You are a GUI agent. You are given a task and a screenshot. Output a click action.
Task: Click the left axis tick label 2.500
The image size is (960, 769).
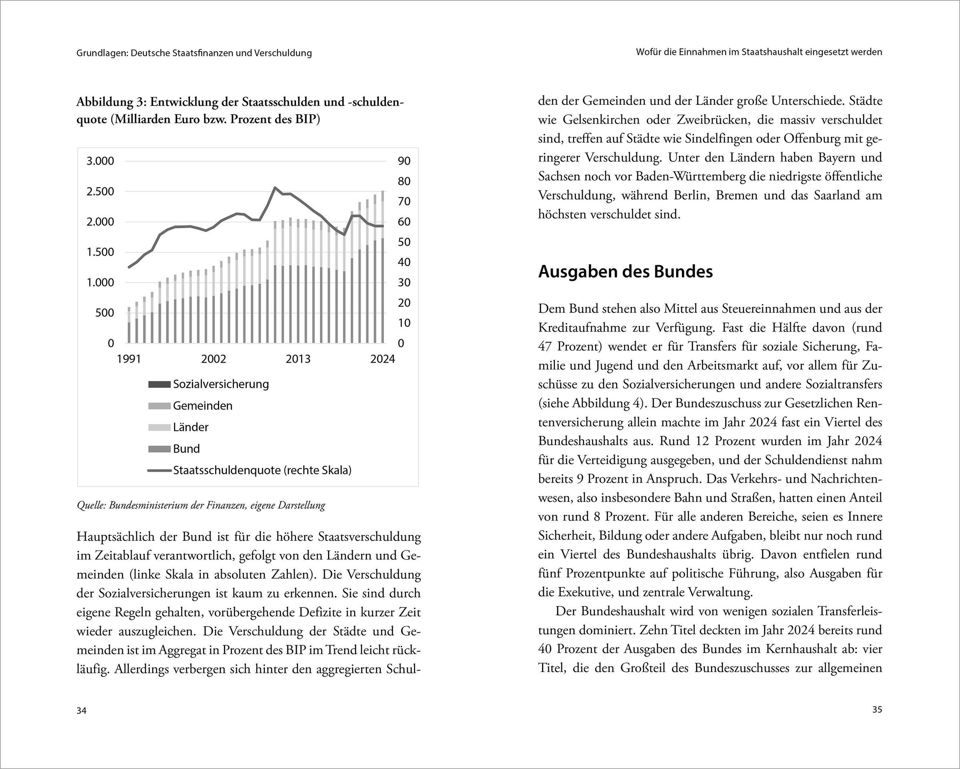coord(100,192)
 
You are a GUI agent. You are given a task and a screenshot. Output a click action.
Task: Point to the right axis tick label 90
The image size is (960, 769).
coord(404,161)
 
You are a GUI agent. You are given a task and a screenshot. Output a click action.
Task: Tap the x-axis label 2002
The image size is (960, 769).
coord(213,359)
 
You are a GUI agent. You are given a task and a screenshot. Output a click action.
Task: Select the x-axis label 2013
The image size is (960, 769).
coord(298,359)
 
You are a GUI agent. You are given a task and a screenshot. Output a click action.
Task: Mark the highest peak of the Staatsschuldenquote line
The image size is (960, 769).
coord(275,188)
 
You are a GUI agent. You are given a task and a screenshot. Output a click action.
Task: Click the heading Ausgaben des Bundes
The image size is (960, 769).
coord(625,272)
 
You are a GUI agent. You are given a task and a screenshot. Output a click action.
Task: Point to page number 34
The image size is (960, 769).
coord(82,711)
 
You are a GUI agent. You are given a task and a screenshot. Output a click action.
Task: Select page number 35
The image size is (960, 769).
coord(877,710)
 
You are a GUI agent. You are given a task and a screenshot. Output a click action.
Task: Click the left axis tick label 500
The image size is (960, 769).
coord(105,312)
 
